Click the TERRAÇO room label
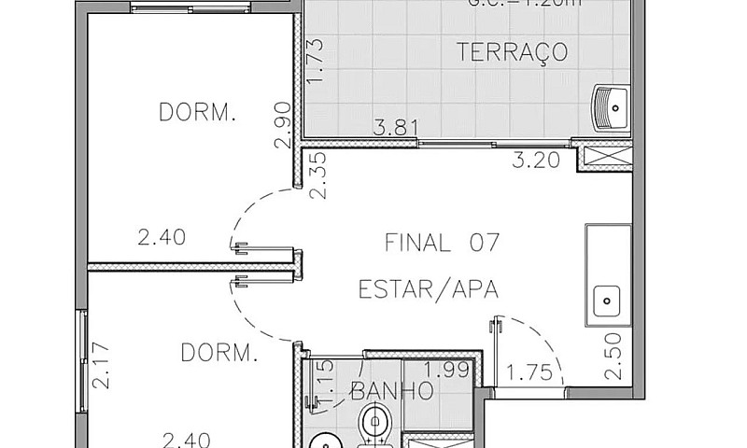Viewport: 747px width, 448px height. coord(513,51)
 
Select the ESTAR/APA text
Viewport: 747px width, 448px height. coord(429,290)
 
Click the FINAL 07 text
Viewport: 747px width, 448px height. coord(443,244)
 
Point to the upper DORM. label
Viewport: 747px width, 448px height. coord(197,114)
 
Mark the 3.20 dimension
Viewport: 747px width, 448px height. coord(537,160)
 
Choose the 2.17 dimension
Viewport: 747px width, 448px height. coord(102,367)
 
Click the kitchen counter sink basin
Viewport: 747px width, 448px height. coord(608,301)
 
